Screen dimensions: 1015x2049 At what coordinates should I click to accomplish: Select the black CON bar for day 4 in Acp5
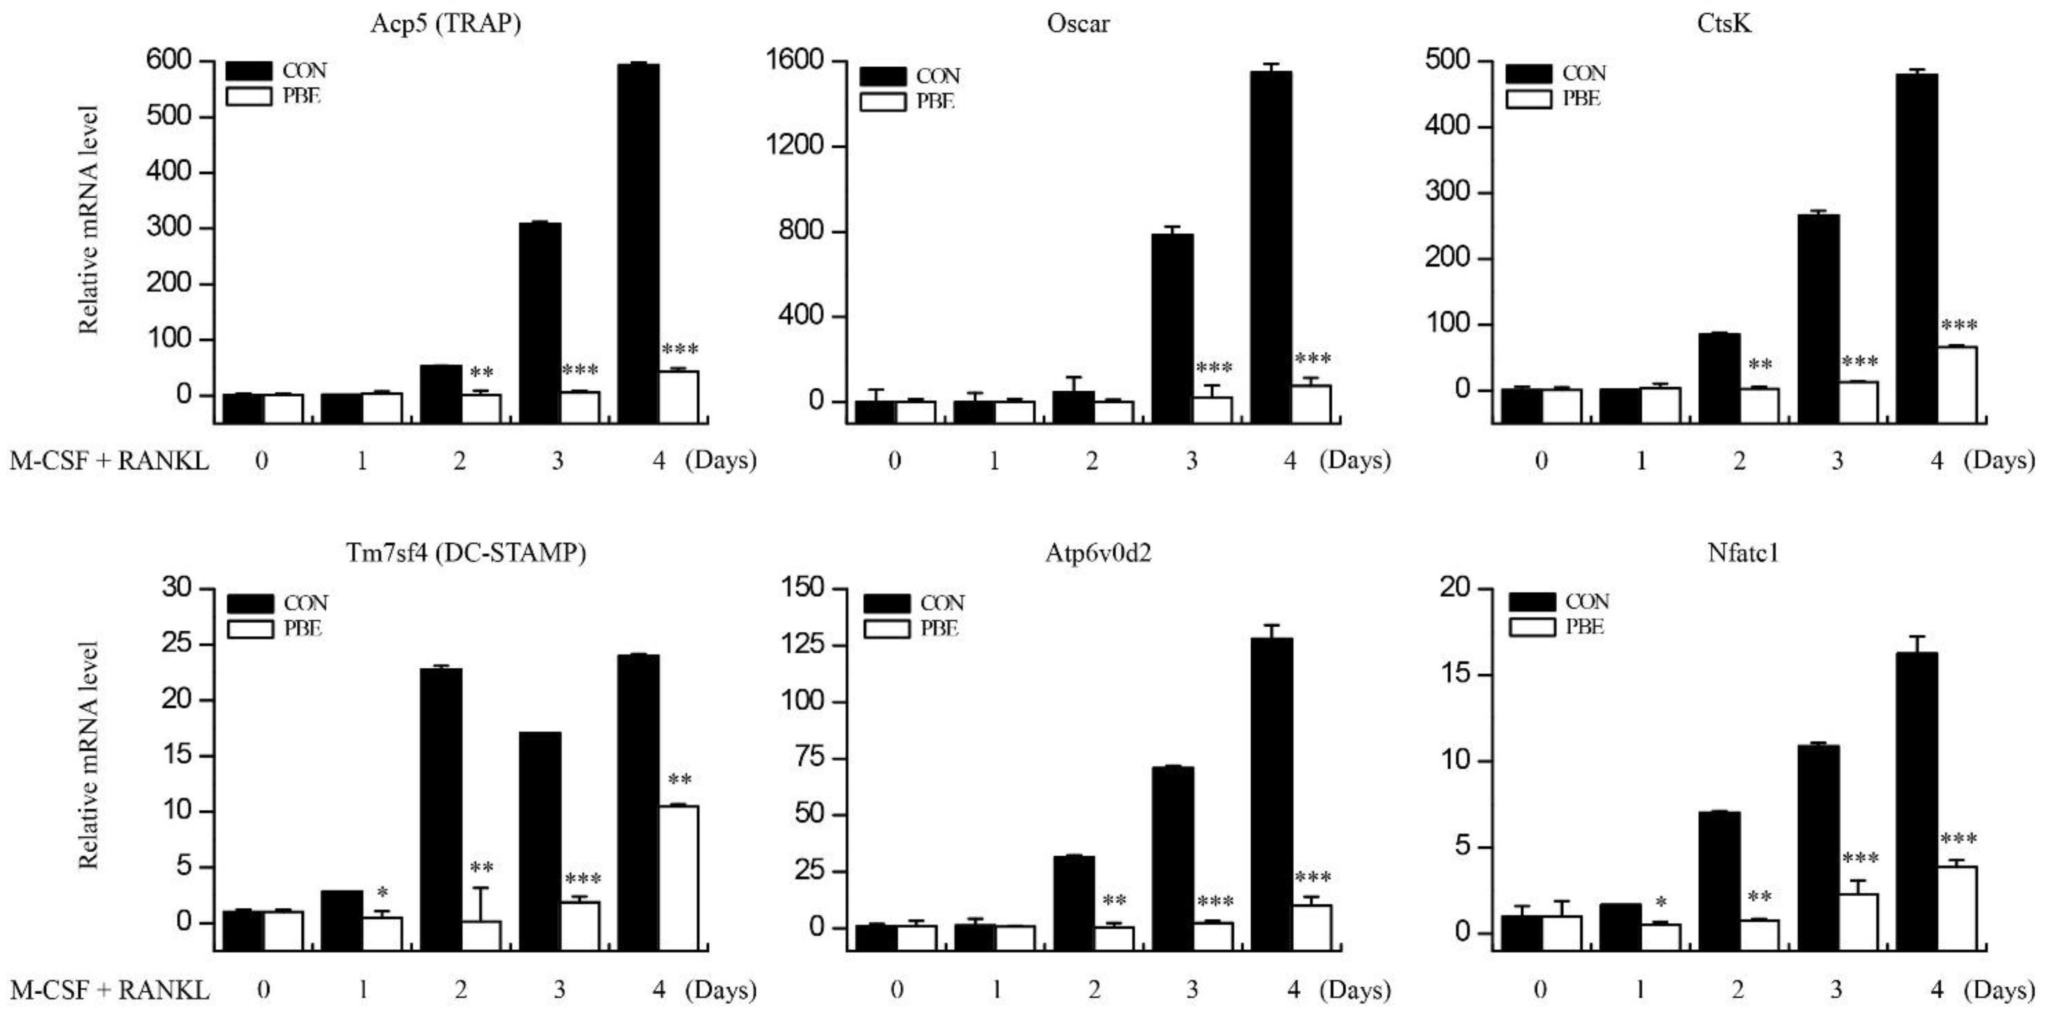point(638,239)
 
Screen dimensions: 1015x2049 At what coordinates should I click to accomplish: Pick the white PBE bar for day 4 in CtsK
point(1956,384)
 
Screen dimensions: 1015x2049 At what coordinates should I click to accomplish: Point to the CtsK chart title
point(1723,23)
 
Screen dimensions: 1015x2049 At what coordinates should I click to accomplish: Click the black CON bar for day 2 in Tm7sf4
point(441,807)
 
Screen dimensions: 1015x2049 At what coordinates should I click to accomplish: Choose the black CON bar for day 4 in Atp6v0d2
point(1271,792)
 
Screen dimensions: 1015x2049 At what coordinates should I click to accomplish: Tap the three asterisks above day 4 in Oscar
point(1312,359)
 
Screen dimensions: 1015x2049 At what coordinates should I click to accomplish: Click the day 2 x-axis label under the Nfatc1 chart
point(1738,990)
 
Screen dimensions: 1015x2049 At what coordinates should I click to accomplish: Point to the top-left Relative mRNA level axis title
point(88,220)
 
